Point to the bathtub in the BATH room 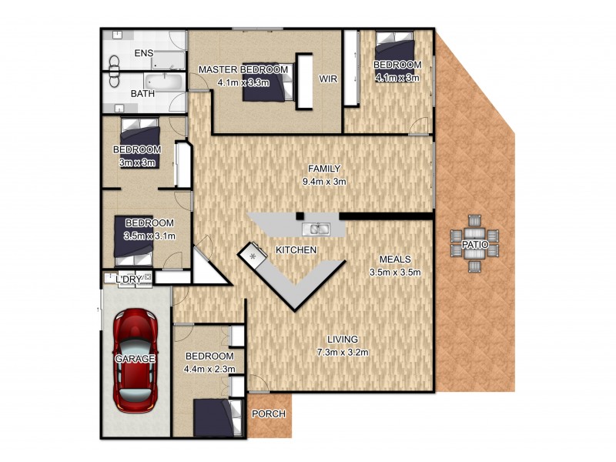[163, 82]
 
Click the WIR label [329, 79]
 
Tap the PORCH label [269, 414]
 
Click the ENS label [143, 53]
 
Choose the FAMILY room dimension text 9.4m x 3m [324, 182]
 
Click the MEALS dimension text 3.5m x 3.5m [394, 272]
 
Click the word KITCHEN [296, 251]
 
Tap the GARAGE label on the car [136, 359]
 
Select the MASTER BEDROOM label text [243, 70]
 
